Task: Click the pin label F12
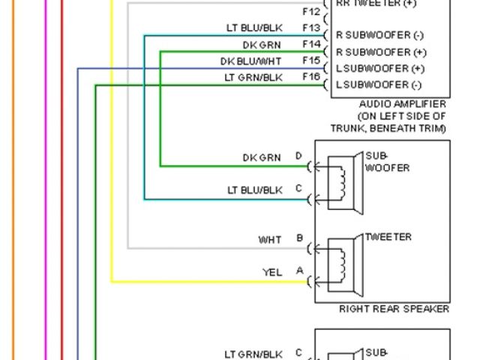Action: click(311, 12)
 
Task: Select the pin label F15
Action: click(311, 60)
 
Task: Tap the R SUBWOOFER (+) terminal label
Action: click(381, 52)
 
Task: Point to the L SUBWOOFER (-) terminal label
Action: click(379, 85)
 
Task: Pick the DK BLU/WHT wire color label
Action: click(250, 61)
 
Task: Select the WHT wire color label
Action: click(270, 240)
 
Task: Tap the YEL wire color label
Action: click(271, 273)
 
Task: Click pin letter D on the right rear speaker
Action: click(298, 156)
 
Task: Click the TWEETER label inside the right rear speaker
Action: click(388, 237)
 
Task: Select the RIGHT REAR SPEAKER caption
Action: click(394, 308)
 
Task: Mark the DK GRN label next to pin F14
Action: click(261, 44)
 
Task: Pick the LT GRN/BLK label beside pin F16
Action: click(253, 77)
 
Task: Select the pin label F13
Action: click(311, 28)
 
